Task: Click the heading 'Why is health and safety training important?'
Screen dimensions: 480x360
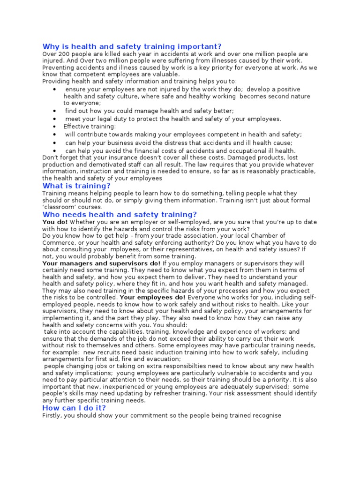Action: (132, 46)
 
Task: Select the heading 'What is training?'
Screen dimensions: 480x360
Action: (76, 186)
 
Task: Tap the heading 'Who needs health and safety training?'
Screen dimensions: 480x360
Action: (120, 214)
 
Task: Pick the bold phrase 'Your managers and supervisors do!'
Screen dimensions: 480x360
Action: (101, 263)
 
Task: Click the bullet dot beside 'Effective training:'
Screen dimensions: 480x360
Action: (55, 127)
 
